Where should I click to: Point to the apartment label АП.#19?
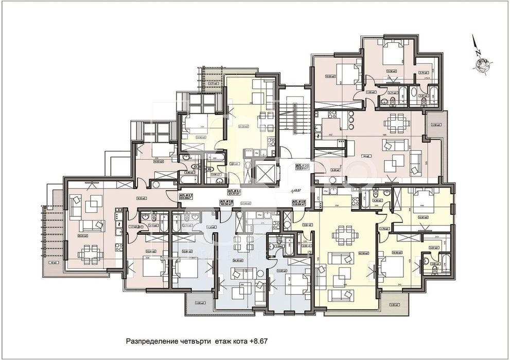[299, 202]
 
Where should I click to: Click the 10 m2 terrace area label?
[53, 262]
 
